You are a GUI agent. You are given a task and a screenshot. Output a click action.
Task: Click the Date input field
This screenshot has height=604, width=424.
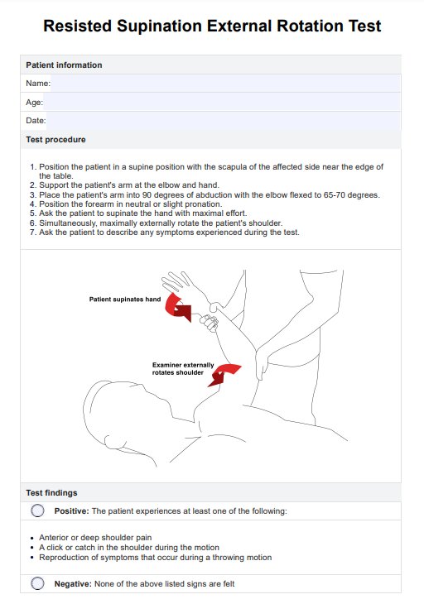pyautogui.click(x=224, y=121)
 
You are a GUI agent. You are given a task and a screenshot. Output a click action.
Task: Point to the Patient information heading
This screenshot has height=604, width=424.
pyautogui.click(x=65, y=65)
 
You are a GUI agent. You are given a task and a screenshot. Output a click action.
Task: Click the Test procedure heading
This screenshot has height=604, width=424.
pyautogui.click(x=56, y=140)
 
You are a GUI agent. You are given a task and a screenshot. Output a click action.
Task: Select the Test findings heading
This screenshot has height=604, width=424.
pyautogui.click(x=52, y=492)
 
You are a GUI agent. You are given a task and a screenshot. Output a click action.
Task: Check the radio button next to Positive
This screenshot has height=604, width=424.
pyautogui.click(x=37, y=511)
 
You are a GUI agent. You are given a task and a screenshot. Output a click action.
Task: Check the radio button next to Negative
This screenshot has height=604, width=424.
pyautogui.click(x=37, y=583)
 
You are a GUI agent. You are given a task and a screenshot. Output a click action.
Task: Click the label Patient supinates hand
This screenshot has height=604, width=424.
pyautogui.click(x=124, y=299)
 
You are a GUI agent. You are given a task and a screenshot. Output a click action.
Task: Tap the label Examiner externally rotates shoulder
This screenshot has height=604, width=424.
pyautogui.click(x=183, y=368)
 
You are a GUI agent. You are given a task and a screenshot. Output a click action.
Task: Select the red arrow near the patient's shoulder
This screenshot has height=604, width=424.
pyautogui.click(x=224, y=375)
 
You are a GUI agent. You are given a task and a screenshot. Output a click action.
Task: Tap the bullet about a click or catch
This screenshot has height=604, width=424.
pyautogui.click(x=128, y=547)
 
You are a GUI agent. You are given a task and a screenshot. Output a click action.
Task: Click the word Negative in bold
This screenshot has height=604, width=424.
pyautogui.click(x=72, y=584)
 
